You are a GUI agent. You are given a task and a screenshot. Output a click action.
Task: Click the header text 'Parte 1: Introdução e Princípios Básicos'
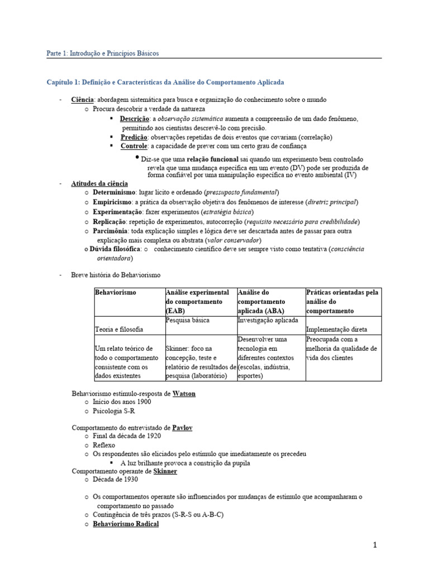pyautogui.click(x=102, y=53)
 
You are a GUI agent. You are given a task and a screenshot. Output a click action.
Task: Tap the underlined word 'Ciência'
pyautogui.click(x=83, y=100)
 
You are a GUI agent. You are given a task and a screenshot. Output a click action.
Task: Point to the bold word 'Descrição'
pyautogui.click(x=134, y=119)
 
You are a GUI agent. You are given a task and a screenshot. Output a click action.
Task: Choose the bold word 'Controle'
pyautogui.click(x=134, y=146)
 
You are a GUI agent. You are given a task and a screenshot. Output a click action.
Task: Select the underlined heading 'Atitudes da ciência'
pyautogui.click(x=99, y=184)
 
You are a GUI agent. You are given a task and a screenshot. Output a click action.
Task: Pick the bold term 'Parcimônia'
pyautogui.click(x=109, y=231)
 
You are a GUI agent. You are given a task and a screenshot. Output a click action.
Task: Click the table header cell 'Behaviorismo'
pyautogui.click(x=116, y=293)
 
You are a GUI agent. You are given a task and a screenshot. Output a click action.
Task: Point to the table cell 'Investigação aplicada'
pyautogui.click(x=268, y=320)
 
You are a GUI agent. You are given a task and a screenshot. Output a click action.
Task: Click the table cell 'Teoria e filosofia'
pyautogui.click(x=119, y=330)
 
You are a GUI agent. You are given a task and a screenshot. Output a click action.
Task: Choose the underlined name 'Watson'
pyautogui.click(x=184, y=393)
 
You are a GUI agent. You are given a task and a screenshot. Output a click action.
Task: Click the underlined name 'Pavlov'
pyautogui.click(x=183, y=428)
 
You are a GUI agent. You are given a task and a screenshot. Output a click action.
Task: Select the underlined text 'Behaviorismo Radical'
pyautogui.click(x=126, y=524)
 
